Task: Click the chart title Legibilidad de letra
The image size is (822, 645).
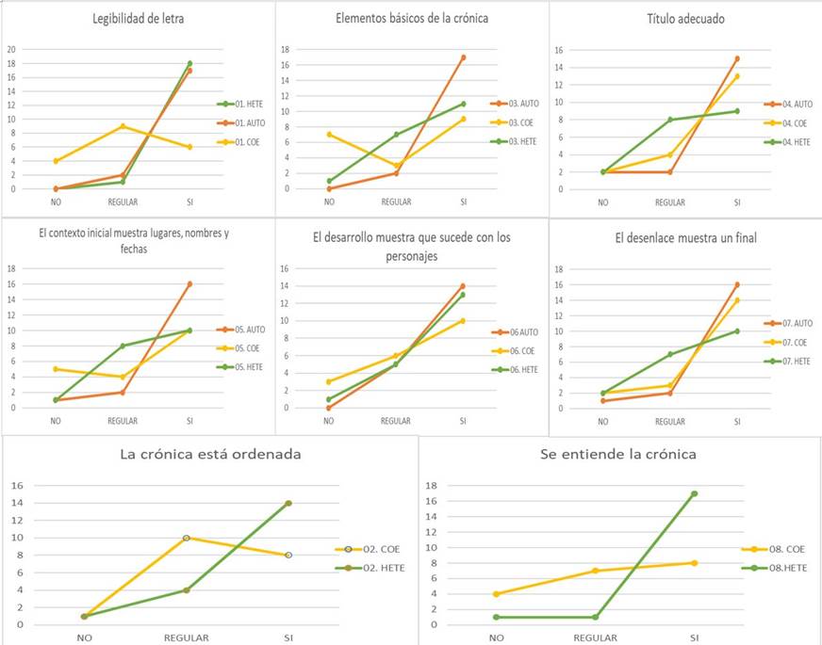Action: [138, 19]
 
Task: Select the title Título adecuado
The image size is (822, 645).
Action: [686, 19]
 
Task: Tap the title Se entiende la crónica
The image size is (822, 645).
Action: [618, 454]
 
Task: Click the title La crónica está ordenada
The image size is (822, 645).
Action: [210, 454]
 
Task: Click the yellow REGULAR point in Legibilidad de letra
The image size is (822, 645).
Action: [123, 126]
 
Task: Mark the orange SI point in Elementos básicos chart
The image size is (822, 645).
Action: [463, 57]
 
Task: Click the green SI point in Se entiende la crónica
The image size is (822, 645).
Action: [695, 493]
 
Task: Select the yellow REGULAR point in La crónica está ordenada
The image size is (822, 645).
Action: [187, 538]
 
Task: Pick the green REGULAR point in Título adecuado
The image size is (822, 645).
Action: [670, 120]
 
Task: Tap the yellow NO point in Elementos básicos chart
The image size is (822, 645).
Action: [329, 135]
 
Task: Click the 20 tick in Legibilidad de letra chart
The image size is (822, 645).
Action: [12, 49]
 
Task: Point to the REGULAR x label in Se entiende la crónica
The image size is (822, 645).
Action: [596, 637]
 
